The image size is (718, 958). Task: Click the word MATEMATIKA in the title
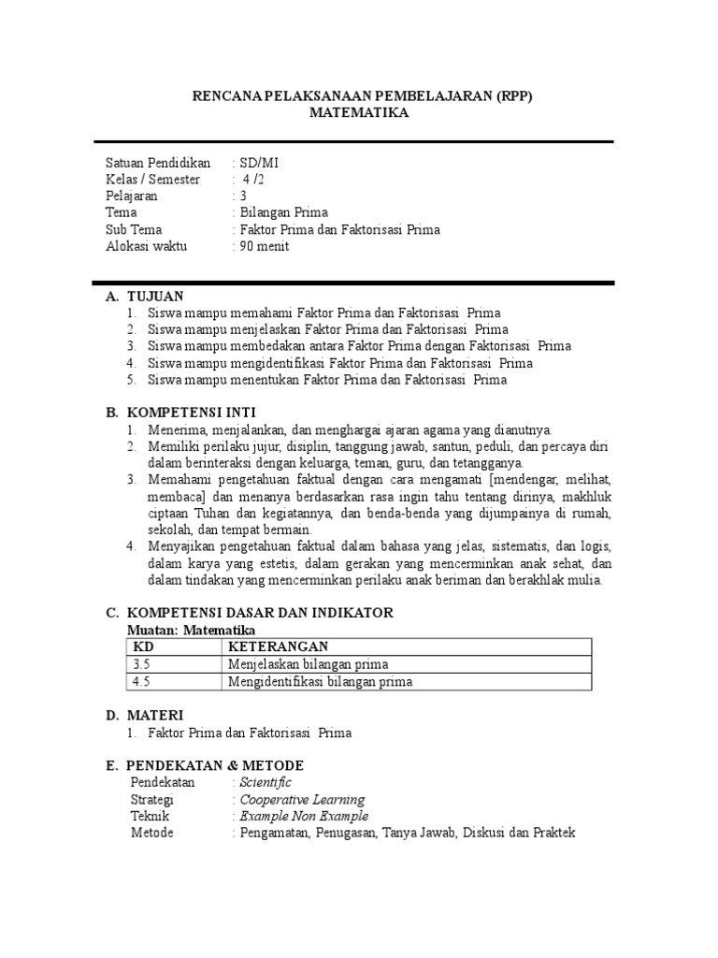[x=359, y=112]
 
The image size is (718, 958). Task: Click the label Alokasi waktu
[x=146, y=247]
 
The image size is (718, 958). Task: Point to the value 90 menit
[x=266, y=247]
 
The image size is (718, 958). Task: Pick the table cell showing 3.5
[x=142, y=664]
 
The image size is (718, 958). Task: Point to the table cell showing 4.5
[x=142, y=682]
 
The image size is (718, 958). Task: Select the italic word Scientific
[x=266, y=782]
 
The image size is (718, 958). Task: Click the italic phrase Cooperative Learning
[x=302, y=800]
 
